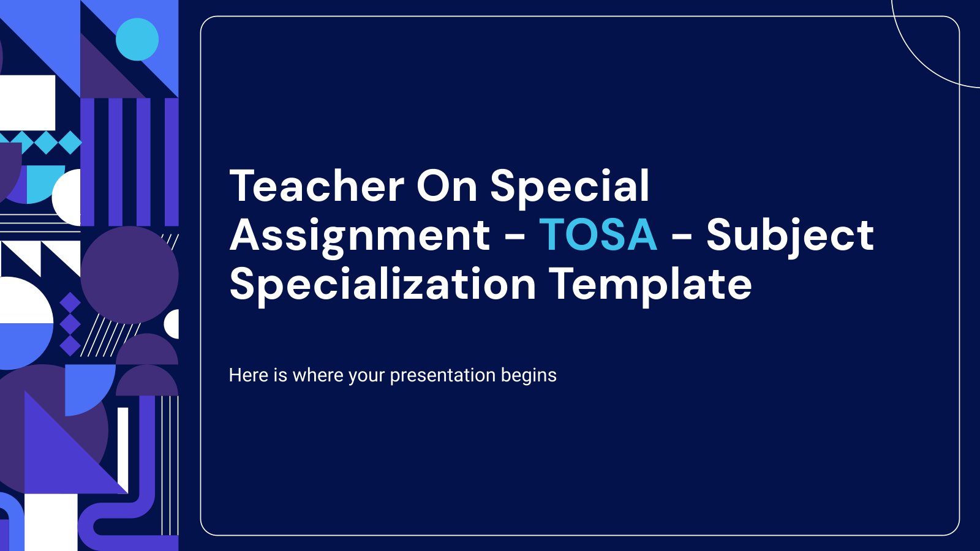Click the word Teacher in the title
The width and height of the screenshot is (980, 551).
pos(317,186)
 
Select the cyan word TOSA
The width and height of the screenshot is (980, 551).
pos(598,235)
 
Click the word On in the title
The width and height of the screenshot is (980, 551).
pos(447,186)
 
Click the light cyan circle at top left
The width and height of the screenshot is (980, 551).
pos(137,39)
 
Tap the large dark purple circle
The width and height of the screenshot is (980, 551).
pos(129,275)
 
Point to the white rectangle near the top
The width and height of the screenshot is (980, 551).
pos(28,102)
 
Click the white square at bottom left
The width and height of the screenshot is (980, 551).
pos(51,523)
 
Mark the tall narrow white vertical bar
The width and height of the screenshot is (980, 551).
pos(123,450)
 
